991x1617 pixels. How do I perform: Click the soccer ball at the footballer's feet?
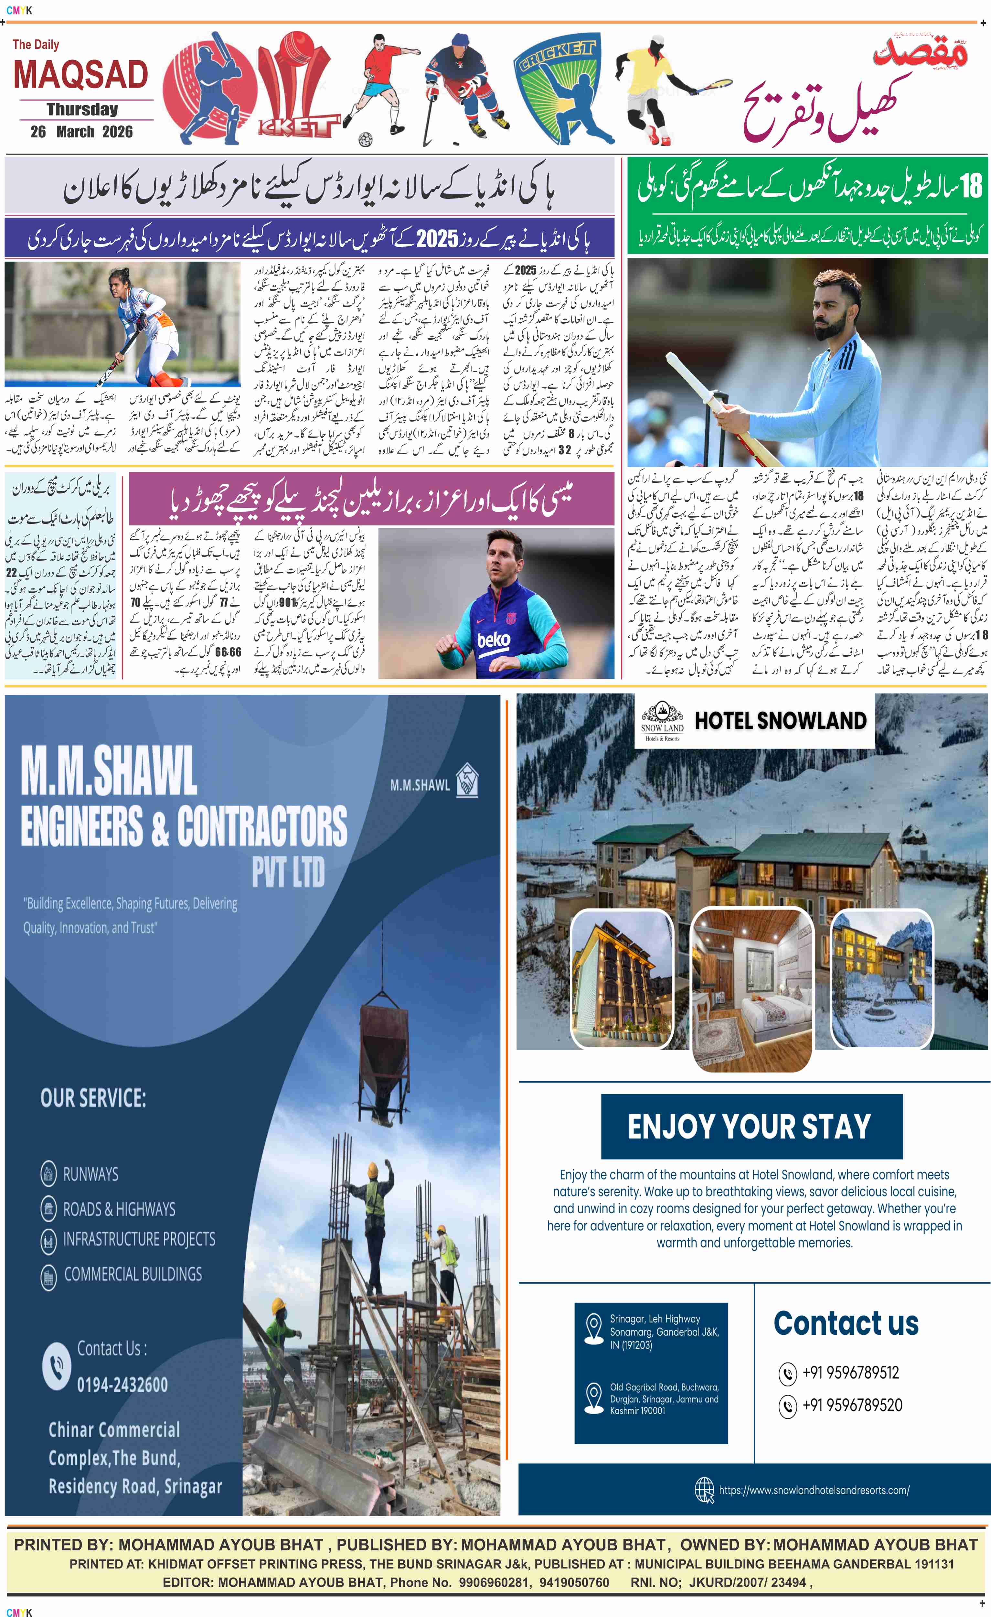click(365, 139)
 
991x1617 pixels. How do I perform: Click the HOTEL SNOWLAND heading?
click(781, 721)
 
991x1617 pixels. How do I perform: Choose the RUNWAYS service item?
click(91, 1174)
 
